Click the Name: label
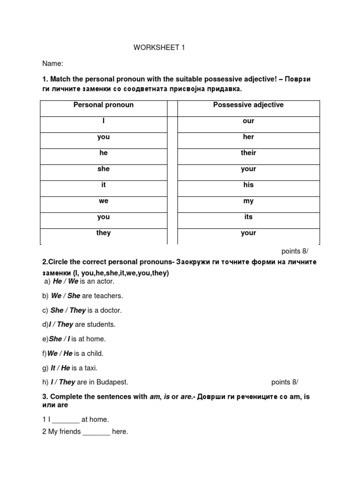pos(53,64)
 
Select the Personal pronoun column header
pos(103,105)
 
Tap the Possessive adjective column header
pos(248,105)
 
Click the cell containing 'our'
pos(248,121)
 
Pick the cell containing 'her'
pos(248,137)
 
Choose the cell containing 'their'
pos(248,153)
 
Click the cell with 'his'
pos(248,185)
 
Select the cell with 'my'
pos(248,201)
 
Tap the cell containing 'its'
pos(248,217)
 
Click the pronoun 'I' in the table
pos(103,121)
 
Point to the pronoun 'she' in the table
pos(103,169)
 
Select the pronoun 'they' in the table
pos(103,233)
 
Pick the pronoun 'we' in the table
pos(103,201)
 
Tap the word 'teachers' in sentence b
pos(109,296)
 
